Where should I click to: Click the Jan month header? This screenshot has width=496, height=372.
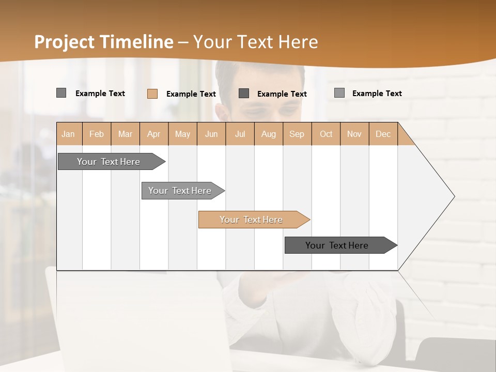pos(68,134)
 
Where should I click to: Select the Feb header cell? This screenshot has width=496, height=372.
pos(97,134)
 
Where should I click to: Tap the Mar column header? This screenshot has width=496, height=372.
pos(125,134)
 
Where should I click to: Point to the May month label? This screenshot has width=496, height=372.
pos(182,134)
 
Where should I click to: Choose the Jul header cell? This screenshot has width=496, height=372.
pos(240,134)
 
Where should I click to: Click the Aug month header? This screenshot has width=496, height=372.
pos(268,134)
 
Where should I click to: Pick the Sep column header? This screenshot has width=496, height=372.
pos(297,134)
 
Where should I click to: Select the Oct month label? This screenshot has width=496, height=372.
pos(326,134)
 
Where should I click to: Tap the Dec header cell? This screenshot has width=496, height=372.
pos(383,134)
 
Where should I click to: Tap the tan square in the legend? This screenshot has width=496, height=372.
pos(152,94)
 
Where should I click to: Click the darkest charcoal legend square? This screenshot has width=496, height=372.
pos(244,93)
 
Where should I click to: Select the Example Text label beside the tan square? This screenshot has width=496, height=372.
pos(191,94)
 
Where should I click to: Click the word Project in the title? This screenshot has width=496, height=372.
pos(65,42)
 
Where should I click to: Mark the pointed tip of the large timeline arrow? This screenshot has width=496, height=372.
pos(454,196)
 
